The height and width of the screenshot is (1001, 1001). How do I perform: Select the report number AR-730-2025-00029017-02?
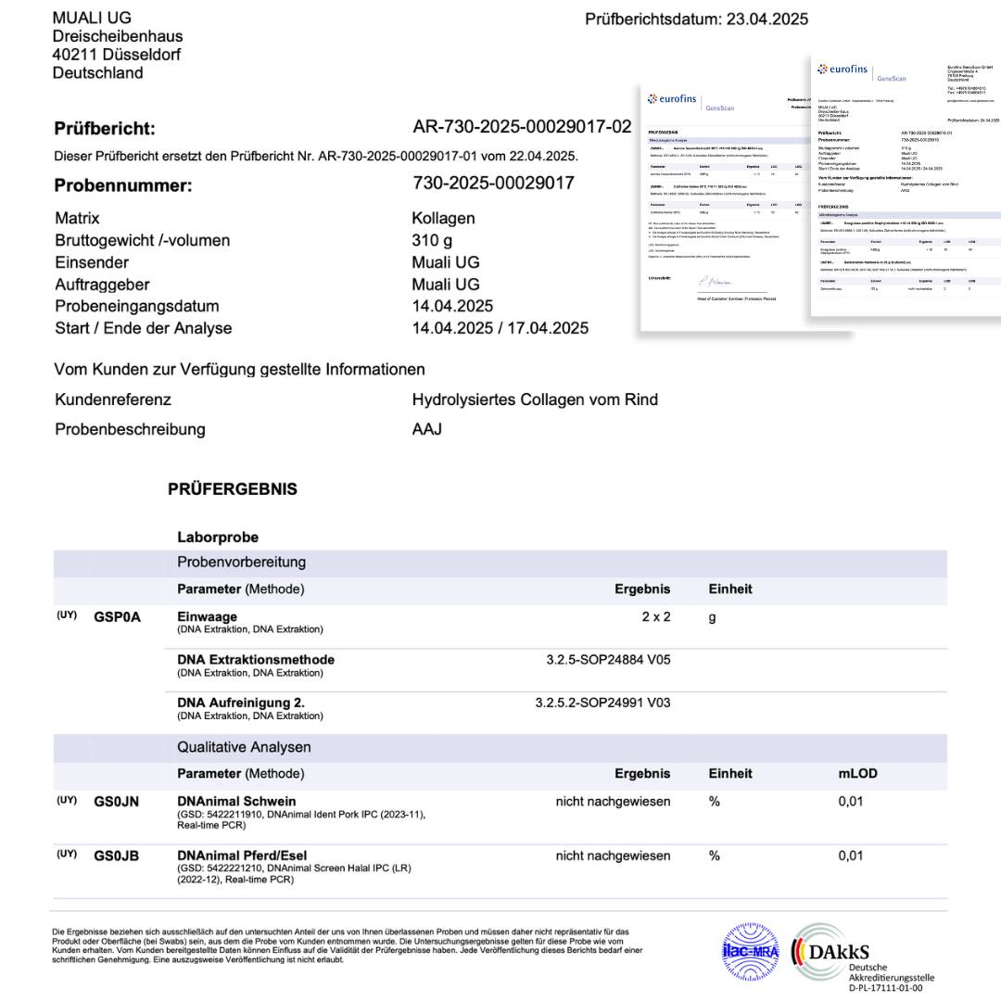522,127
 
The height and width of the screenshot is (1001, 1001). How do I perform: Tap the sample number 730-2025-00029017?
493,184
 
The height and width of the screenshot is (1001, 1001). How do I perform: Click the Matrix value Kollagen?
443,219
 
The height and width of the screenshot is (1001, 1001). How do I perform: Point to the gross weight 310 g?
432,240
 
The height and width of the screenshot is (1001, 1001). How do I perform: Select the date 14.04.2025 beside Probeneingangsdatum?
452,306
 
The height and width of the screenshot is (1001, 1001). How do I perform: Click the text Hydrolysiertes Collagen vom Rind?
535,399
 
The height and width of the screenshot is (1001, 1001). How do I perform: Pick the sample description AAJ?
426,429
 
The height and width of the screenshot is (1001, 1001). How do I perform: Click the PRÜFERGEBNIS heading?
232,488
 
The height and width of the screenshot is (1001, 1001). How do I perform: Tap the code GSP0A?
117,617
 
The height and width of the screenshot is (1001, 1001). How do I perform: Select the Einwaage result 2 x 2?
655,617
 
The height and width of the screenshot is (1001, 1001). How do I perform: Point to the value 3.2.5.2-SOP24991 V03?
602,703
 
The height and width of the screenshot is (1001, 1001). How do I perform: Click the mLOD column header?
857,773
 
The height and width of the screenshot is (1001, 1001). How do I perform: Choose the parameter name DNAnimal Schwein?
236,802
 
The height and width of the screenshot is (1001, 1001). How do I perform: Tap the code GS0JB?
116,855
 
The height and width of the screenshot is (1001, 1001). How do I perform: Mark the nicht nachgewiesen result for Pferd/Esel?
613,855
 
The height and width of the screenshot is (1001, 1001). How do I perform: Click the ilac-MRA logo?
750,950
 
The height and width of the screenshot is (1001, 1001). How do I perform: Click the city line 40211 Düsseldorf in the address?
116,55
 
